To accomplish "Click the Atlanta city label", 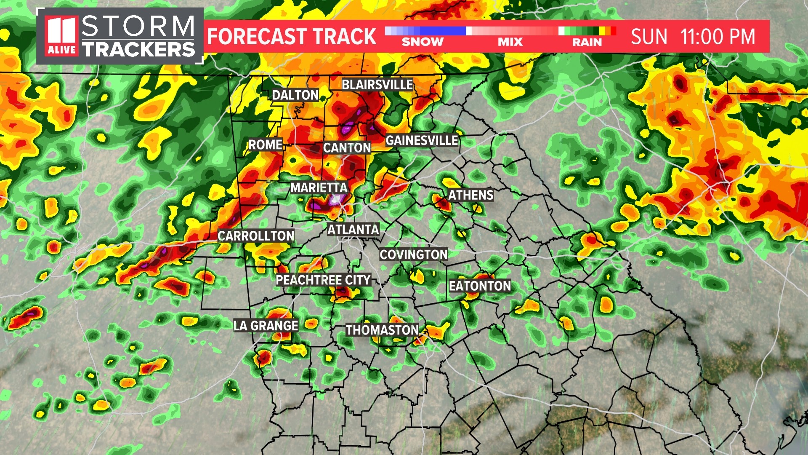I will tap(353, 230).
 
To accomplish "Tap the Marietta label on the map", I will tap(319, 187).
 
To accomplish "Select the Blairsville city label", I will tap(377, 85).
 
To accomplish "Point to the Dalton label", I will tap(295, 95).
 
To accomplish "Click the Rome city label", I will tap(265, 145).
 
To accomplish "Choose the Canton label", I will tap(347, 148).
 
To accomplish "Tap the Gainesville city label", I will tap(422, 140).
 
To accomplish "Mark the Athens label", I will tap(470, 195).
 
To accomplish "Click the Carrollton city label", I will tap(256, 236).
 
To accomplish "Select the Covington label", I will tap(413, 254).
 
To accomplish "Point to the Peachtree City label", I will tap(323, 280).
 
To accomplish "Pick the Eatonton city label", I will tap(480, 286).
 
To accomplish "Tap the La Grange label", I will tap(266, 326).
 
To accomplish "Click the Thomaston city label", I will tap(382, 330).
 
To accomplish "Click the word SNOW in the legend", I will tap(423, 42).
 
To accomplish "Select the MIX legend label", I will tap(510, 42).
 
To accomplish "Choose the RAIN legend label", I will tap(587, 42).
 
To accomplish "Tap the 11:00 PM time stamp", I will tap(718, 37).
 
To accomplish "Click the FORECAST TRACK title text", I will tap(292, 37).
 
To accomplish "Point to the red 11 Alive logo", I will tap(62, 36).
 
